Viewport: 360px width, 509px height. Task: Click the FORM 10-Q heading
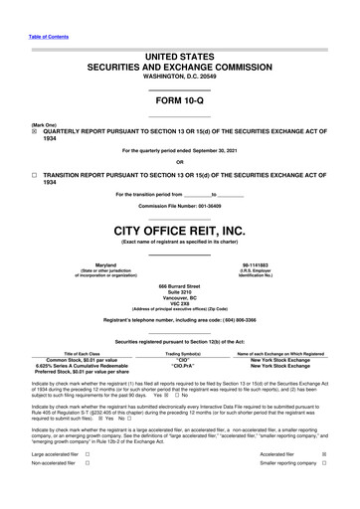179,104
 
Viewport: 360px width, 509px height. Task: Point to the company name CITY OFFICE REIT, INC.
179,230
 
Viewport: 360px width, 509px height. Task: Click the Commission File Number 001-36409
179,205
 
